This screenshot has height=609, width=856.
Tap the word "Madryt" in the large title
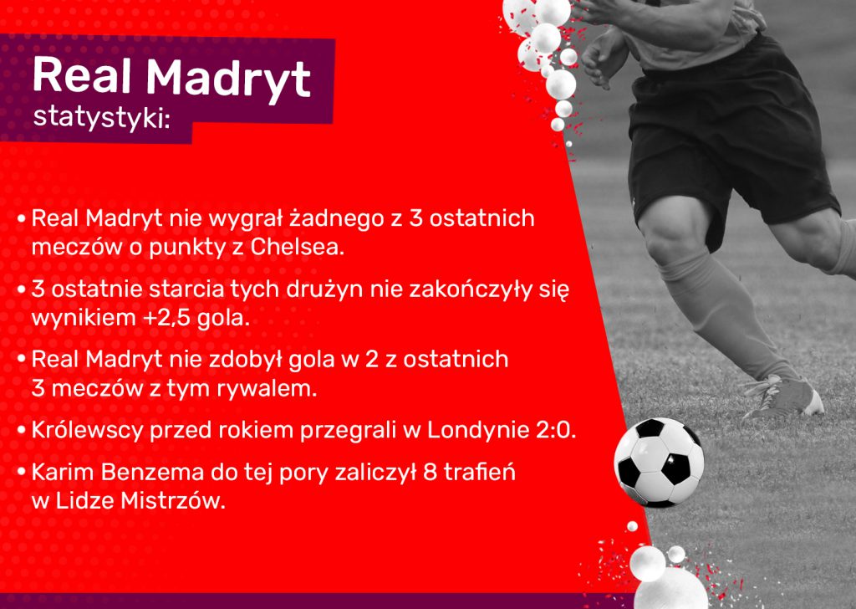(228, 78)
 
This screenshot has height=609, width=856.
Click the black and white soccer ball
(659, 462)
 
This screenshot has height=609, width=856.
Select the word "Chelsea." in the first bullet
(298, 248)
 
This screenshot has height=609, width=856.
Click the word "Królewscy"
(87, 430)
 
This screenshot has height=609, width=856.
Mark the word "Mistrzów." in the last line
(173, 501)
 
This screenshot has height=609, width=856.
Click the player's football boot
(785, 395)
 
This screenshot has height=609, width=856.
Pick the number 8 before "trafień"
(431, 473)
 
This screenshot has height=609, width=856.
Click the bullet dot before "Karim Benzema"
(22, 473)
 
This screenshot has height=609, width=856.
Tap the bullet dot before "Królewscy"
(22, 430)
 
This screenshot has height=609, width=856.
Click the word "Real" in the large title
(83, 75)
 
